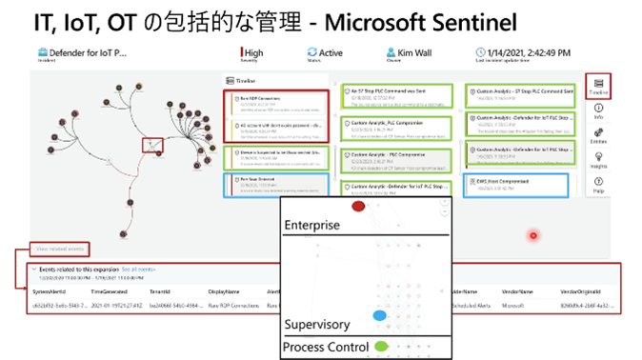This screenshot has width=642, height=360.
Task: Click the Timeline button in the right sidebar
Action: (597, 86)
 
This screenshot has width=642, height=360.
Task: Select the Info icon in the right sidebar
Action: (597, 111)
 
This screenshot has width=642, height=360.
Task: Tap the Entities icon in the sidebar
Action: (597, 138)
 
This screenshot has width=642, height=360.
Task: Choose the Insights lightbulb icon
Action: (597, 164)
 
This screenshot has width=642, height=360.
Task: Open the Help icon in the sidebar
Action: (597, 189)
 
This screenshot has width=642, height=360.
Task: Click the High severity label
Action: (253, 53)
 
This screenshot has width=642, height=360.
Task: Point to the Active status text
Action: (331, 53)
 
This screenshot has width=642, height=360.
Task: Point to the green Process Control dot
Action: (382, 347)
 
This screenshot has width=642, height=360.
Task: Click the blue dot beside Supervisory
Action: (379, 315)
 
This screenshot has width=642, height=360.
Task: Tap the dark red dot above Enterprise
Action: (358, 206)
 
